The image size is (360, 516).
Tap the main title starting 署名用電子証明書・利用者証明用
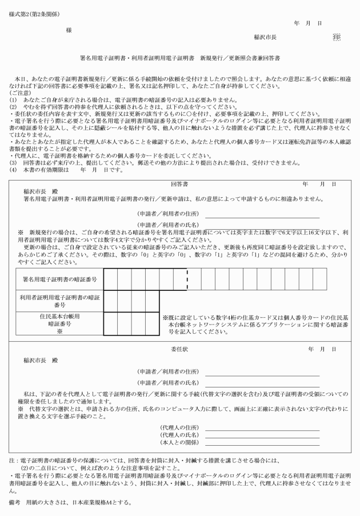coord(180,59)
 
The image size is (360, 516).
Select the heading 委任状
coord(179,349)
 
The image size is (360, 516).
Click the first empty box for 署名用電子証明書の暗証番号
coord(110,281)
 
